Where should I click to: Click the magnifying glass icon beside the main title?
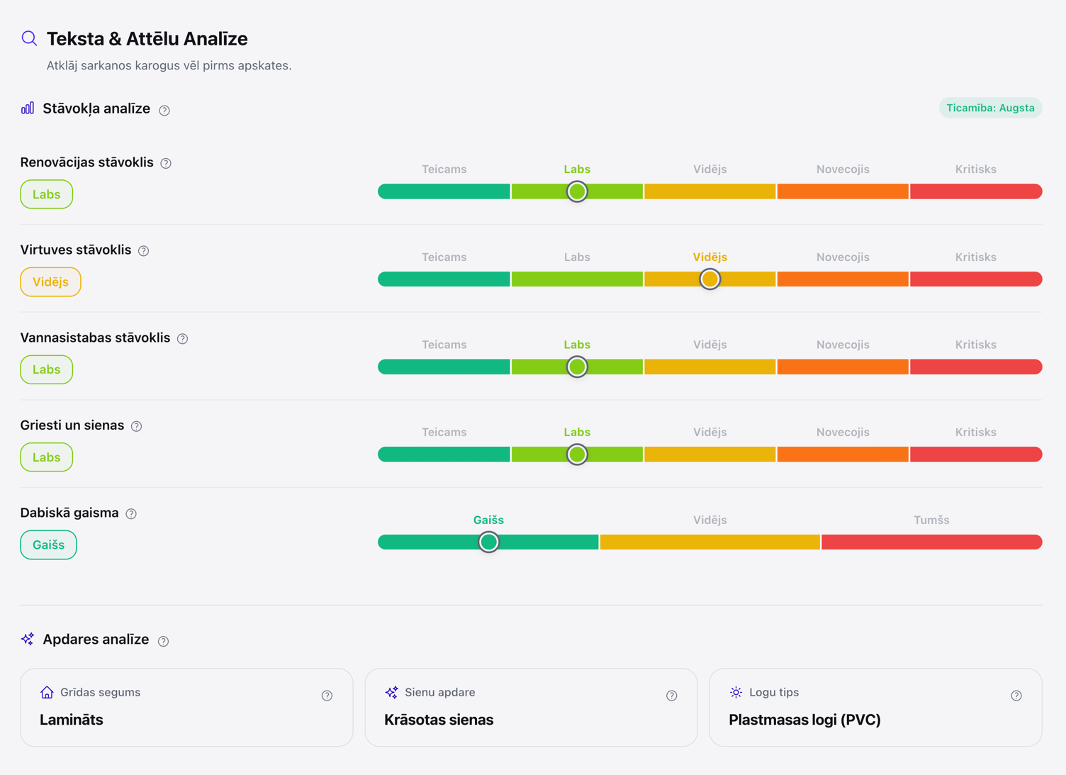[x=29, y=38]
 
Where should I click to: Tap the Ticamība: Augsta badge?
[x=990, y=108]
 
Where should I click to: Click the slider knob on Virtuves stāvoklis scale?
[x=709, y=279]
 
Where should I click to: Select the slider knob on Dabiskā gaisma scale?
[x=488, y=542]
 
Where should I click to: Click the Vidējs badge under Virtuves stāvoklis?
[x=50, y=281]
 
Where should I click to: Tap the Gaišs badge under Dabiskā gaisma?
[x=48, y=545]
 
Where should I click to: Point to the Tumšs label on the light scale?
[x=931, y=520]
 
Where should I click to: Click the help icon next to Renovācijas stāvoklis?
[x=166, y=163]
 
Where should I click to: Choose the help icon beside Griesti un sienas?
[x=136, y=426]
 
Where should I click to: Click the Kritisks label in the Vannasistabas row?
[x=975, y=345]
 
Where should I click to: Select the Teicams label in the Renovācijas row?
[x=444, y=169]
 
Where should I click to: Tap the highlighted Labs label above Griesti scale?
[x=577, y=433]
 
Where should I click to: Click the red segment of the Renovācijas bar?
[x=976, y=191]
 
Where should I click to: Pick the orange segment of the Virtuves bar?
[x=843, y=279]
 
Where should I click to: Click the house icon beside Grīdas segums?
[x=47, y=692]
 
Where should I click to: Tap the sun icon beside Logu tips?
[x=736, y=692]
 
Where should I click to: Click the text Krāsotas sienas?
[x=439, y=720]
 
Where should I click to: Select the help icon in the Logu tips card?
[x=1016, y=696]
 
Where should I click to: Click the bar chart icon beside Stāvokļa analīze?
[x=28, y=108]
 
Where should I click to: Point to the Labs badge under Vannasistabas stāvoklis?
[x=47, y=369]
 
